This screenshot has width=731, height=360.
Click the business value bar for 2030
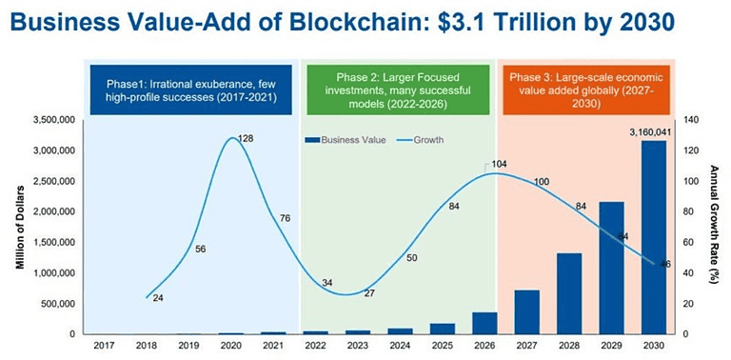651,237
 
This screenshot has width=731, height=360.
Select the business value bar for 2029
611,268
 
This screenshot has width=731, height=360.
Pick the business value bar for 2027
527,312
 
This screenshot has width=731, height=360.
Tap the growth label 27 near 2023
369,293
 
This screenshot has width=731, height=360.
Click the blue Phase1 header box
193,83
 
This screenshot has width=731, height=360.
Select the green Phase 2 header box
399,83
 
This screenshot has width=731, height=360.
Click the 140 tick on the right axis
691,120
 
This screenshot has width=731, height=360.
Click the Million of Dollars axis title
19,227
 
